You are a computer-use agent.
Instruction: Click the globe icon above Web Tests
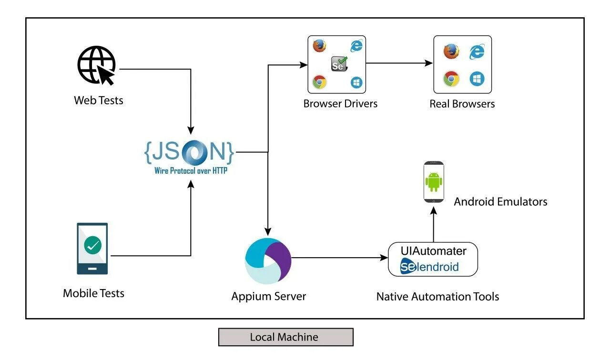click(x=97, y=65)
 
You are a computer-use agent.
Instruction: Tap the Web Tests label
click(x=99, y=100)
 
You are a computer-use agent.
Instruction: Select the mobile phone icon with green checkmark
click(x=92, y=248)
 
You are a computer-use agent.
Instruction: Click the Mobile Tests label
click(x=93, y=293)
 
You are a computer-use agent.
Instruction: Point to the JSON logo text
click(x=189, y=152)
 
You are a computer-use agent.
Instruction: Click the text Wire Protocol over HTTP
click(x=191, y=171)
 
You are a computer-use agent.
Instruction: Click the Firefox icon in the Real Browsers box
click(x=451, y=51)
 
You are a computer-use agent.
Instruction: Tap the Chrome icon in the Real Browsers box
click(x=451, y=79)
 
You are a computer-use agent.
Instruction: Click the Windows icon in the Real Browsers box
click(x=477, y=79)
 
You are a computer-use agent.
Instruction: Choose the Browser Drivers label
click(x=340, y=104)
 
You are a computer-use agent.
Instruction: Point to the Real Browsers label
click(x=462, y=104)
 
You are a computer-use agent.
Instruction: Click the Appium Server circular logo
click(x=268, y=261)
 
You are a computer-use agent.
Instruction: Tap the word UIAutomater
click(x=433, y=251)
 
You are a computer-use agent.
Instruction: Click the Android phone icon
click(x=434, y=182)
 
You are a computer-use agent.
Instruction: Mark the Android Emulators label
click(x=500, y=202)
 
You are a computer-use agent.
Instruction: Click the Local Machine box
click(x=286, y=337)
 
